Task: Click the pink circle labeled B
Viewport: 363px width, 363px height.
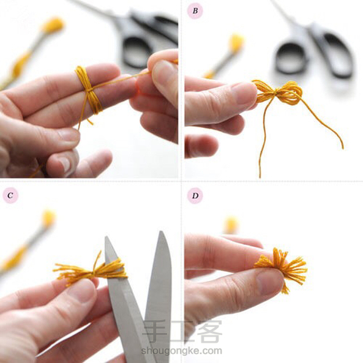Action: [x=195, y=11]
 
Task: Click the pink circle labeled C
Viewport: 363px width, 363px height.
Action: [x=10, y=195]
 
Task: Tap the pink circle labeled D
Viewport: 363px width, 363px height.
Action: [x=195, y=196]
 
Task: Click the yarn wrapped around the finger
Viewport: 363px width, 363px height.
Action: [x=89, y=89]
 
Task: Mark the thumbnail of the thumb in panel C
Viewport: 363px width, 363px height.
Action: [x=81, y=291]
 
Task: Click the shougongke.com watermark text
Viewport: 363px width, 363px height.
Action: [x=181, y=351]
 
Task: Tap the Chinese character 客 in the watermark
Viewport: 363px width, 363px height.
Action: [x=210, y=331]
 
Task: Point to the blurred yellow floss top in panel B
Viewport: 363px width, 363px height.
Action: [x=236, y=43]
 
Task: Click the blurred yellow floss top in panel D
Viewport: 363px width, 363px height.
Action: [x=231, y=225]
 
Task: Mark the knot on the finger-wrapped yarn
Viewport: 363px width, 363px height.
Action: [x=90, y=89]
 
